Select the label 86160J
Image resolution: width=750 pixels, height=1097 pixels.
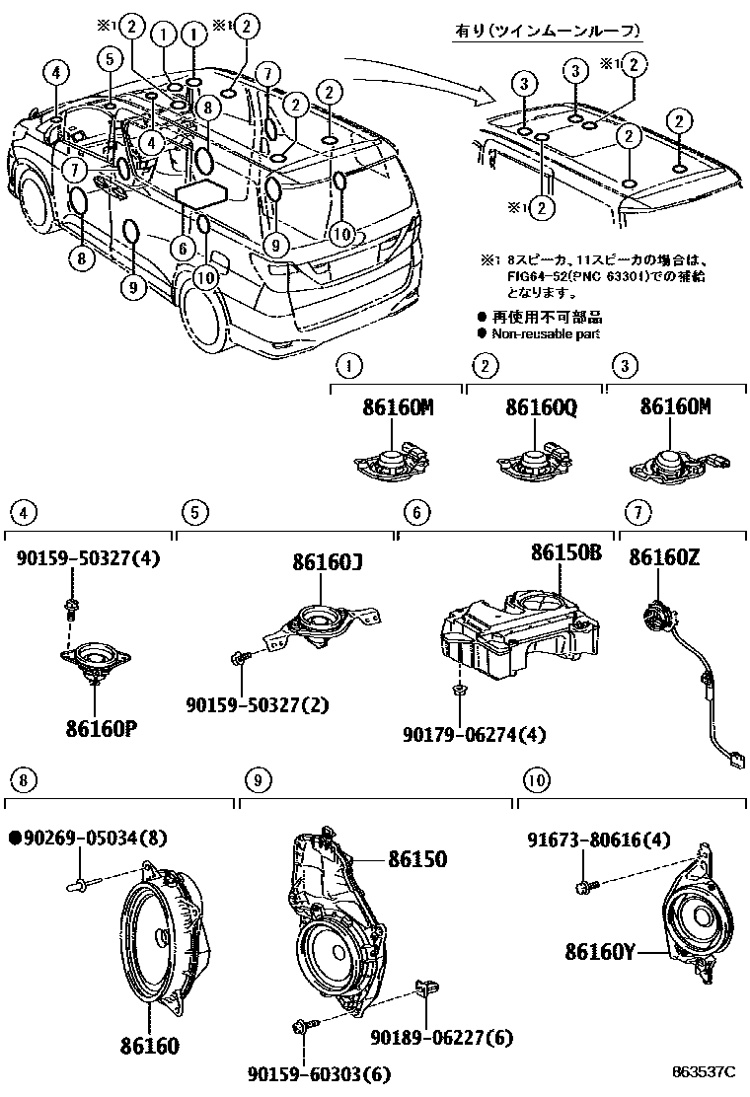click(328, 563)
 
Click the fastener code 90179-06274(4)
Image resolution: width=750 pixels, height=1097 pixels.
click(474, 734)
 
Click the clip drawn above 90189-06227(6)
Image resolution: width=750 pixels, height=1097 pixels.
click(426, 988)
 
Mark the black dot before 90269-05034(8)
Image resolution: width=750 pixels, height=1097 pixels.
click(15, 838)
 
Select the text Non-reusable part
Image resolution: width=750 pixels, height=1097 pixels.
click(545, 334)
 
